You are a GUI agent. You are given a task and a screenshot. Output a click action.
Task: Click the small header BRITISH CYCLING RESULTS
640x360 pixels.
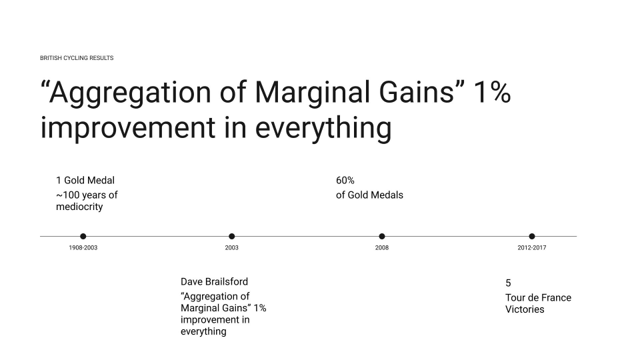click(77, 58)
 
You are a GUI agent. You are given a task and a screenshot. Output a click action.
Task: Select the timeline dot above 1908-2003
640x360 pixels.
click(83, 236)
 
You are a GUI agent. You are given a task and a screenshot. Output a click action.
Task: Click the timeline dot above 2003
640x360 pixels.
click(231, 236)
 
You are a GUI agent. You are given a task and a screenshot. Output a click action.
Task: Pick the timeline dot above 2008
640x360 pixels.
click(382, 236)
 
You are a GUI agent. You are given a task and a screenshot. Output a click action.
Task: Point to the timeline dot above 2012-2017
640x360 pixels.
click(532, 236)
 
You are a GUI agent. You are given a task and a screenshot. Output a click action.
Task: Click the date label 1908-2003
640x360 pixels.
click(83, 248)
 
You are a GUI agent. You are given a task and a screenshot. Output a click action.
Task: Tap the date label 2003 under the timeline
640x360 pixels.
click(231, 248)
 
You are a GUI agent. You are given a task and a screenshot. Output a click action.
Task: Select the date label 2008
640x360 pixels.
click(382, 248)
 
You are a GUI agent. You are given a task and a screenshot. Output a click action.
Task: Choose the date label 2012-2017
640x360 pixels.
click(532, 248)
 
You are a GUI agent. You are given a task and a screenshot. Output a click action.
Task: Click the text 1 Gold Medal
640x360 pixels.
click(85, 180)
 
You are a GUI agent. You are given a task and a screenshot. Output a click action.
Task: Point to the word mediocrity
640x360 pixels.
click(79, 207)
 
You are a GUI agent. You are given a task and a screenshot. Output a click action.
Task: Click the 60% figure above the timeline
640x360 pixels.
click(345, 180)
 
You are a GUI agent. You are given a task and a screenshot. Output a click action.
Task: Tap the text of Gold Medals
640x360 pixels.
click(369, 195)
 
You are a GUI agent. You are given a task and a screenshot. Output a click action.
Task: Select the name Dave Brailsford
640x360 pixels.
click(214, 281)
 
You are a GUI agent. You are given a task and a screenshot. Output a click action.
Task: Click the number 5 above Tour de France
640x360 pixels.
click(508, 283)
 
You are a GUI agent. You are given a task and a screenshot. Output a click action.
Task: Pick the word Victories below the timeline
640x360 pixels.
click(525, 309)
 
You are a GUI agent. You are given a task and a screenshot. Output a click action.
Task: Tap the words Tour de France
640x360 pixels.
click(538, 297)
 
